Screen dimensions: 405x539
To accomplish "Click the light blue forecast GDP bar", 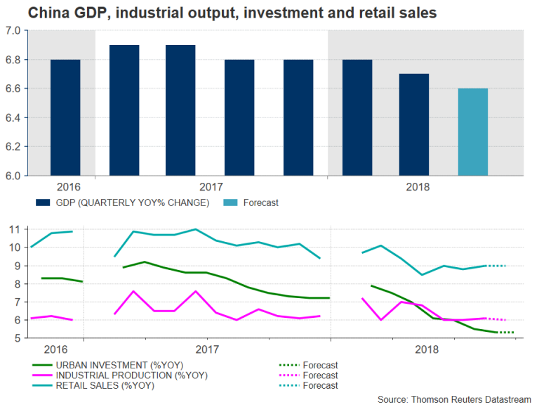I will click(472, 132).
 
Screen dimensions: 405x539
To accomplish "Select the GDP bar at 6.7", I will click(413, 124).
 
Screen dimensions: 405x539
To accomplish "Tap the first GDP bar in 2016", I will click(65, 117).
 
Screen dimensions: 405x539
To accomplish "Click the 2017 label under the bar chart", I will click(211, 187).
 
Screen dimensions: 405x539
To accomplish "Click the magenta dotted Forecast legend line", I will click(288, 375).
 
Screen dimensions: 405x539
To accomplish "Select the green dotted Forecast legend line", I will click(288, 365).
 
